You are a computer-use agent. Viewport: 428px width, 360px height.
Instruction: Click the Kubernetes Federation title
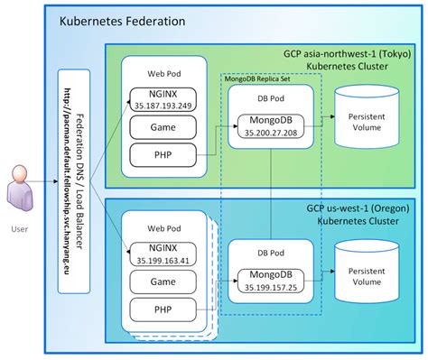click(123, 20)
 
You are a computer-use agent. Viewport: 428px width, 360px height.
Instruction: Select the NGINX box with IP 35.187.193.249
click(162, 97)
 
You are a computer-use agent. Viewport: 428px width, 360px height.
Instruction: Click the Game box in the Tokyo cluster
click(162, 127)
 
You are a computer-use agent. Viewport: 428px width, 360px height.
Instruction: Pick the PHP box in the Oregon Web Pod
click(162, 311)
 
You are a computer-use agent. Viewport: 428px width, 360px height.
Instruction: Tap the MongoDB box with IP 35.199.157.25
click(274, 280)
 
